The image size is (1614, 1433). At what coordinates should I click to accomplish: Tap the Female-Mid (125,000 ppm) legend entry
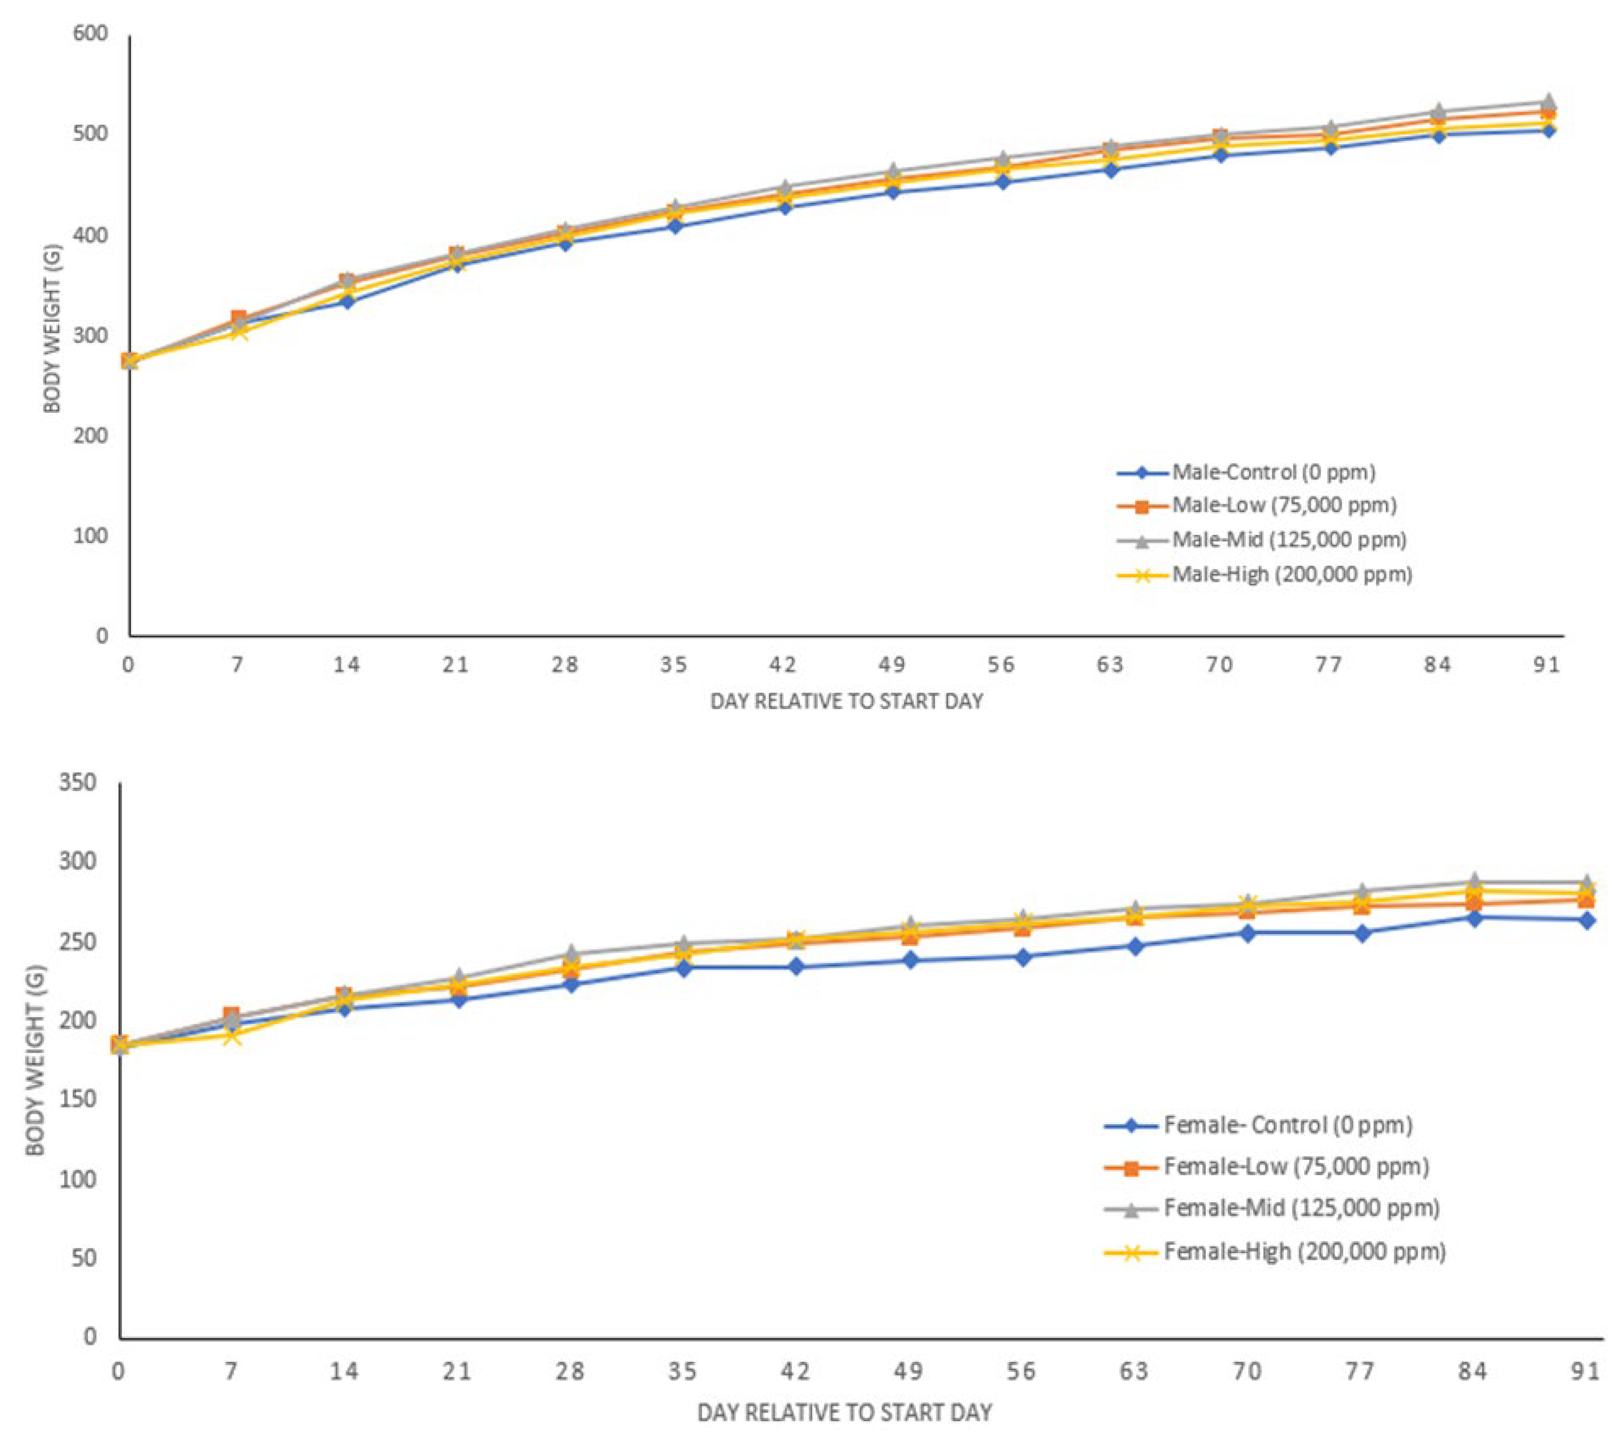(x=1301, y=1208)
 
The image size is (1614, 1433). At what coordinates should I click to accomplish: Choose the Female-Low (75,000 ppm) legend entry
(x=1296, y=1166)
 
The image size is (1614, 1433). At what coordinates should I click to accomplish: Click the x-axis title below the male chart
(x=847, y=701)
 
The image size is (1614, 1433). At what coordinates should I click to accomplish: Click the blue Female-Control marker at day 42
(x=796, y=966)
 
